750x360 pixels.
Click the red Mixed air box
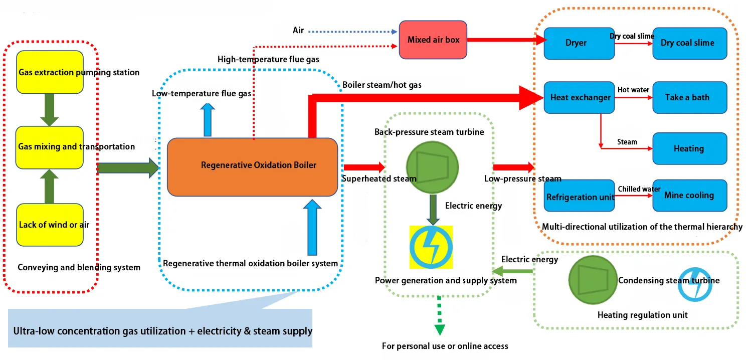click(433, 39)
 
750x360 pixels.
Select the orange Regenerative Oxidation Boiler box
click(252, 166)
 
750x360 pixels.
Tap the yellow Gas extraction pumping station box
click(50, 72)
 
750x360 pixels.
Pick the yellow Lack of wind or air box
click(50, 225)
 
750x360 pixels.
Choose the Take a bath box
click(689, 97)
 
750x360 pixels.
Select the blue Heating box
click(689, 148)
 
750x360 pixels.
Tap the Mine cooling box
click(689, 195)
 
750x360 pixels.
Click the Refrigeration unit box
click(579, 196)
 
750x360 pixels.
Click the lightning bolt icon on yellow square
click(431, 247)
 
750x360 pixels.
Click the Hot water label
click(633, 90)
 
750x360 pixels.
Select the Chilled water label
click(639, 189)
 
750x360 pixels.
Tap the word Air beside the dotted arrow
click(298, 31)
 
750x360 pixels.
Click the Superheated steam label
click(379, 178)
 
